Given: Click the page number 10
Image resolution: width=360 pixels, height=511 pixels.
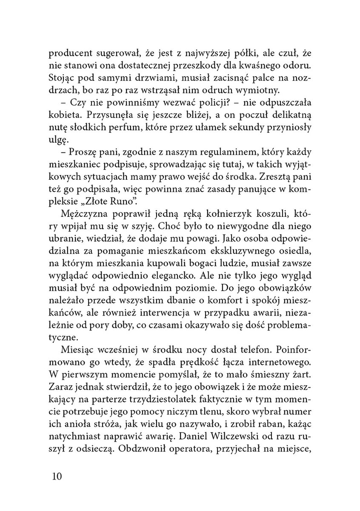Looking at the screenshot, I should tap(55, 475).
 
